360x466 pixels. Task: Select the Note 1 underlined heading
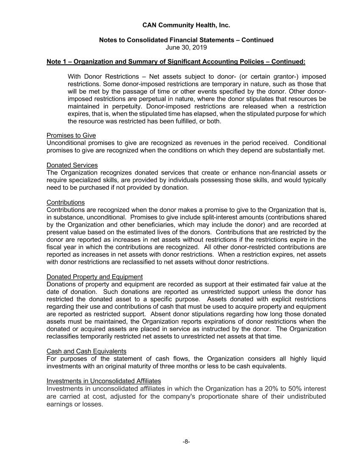tap(176, 62)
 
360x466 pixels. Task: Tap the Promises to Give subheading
tap(71, 136)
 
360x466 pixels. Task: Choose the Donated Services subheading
tap(72, 165)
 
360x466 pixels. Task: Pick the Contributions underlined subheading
tap(66, 202)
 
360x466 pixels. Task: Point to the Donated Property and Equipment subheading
tap(94, 277)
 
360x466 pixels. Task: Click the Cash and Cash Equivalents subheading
tap(86, 352)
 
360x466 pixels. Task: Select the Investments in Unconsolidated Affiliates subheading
tap(104, 381)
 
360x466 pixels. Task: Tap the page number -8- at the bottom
tap(186, 441)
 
